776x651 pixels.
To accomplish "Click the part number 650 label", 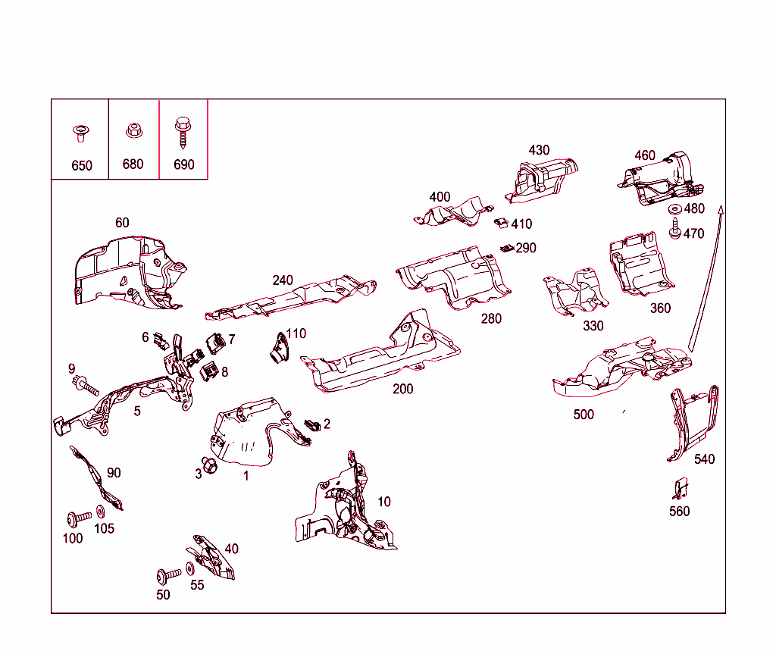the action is [x=82, y=165].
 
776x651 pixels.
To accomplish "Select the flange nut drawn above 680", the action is [x=134, y=130].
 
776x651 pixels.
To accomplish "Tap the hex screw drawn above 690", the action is [x=183, y=132].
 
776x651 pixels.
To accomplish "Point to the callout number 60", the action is [x=122, y=223].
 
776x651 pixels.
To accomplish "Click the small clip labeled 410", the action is [x=502, y=223].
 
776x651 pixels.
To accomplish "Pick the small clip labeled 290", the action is [x=507, y=248].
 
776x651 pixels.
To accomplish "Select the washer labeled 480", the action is [x=674, y=209].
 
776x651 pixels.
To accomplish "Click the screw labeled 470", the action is [x=675, y=228].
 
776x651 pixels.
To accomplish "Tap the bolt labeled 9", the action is [x=86, y=385].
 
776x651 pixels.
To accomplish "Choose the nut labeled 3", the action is [x=210, y=465].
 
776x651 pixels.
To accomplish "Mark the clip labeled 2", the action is [x=312, y=424].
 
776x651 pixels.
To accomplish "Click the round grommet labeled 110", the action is [x=279, y=348].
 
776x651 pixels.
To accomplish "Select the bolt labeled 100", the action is [x=79, y=519].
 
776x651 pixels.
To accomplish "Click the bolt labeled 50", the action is [x=169, y=575].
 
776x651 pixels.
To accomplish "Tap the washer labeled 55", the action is [x=190, y=569].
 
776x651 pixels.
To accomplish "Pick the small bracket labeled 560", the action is [x=681, y=488].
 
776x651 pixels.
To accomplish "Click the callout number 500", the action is [x=584, y=415].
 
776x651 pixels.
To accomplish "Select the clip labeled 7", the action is [x=215, y=343].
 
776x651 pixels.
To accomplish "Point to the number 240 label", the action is [x=283, y=280].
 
